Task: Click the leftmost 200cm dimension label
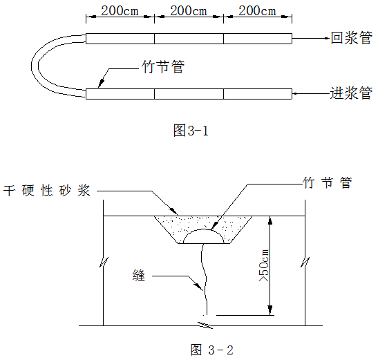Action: pyautogui.click(x=120, y=11)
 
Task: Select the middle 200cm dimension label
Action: pyautogui.click(x=189, y=11)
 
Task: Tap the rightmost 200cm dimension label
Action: pyautogui.click(x=257, y=11)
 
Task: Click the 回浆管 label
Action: pyautogui.click(x=352, y=38)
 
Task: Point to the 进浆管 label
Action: pyautogui.click(x=351, y=93)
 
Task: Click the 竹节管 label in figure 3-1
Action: pyautogui.click(x=163, y=66)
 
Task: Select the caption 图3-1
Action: pyautogui.click(x=191, y=131)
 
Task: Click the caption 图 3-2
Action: pyautogui.click(x=212, y=350)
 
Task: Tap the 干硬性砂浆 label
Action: pyautogui.click(x=47, y=191)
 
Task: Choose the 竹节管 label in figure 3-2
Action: pyautogui.click(x=328, y=182)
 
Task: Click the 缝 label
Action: pyautogui.click(x=139, y=276)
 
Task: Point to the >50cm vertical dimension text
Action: pyautogui.click(x=263, y=265)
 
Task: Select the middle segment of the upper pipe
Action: pyautogui.click(x=189, y=39)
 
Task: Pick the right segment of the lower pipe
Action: pyautogui.click(x=258, y=94)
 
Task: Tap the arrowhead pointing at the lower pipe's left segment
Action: pyautogui.click(x=102, y=82)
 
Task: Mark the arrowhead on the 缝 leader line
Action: pyautogui.click(x=198, y=287)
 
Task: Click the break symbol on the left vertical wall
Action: pyautogui.click(x=104, y=262)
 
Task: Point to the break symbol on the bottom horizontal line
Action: pyautogui.click(x=205, y=325)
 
